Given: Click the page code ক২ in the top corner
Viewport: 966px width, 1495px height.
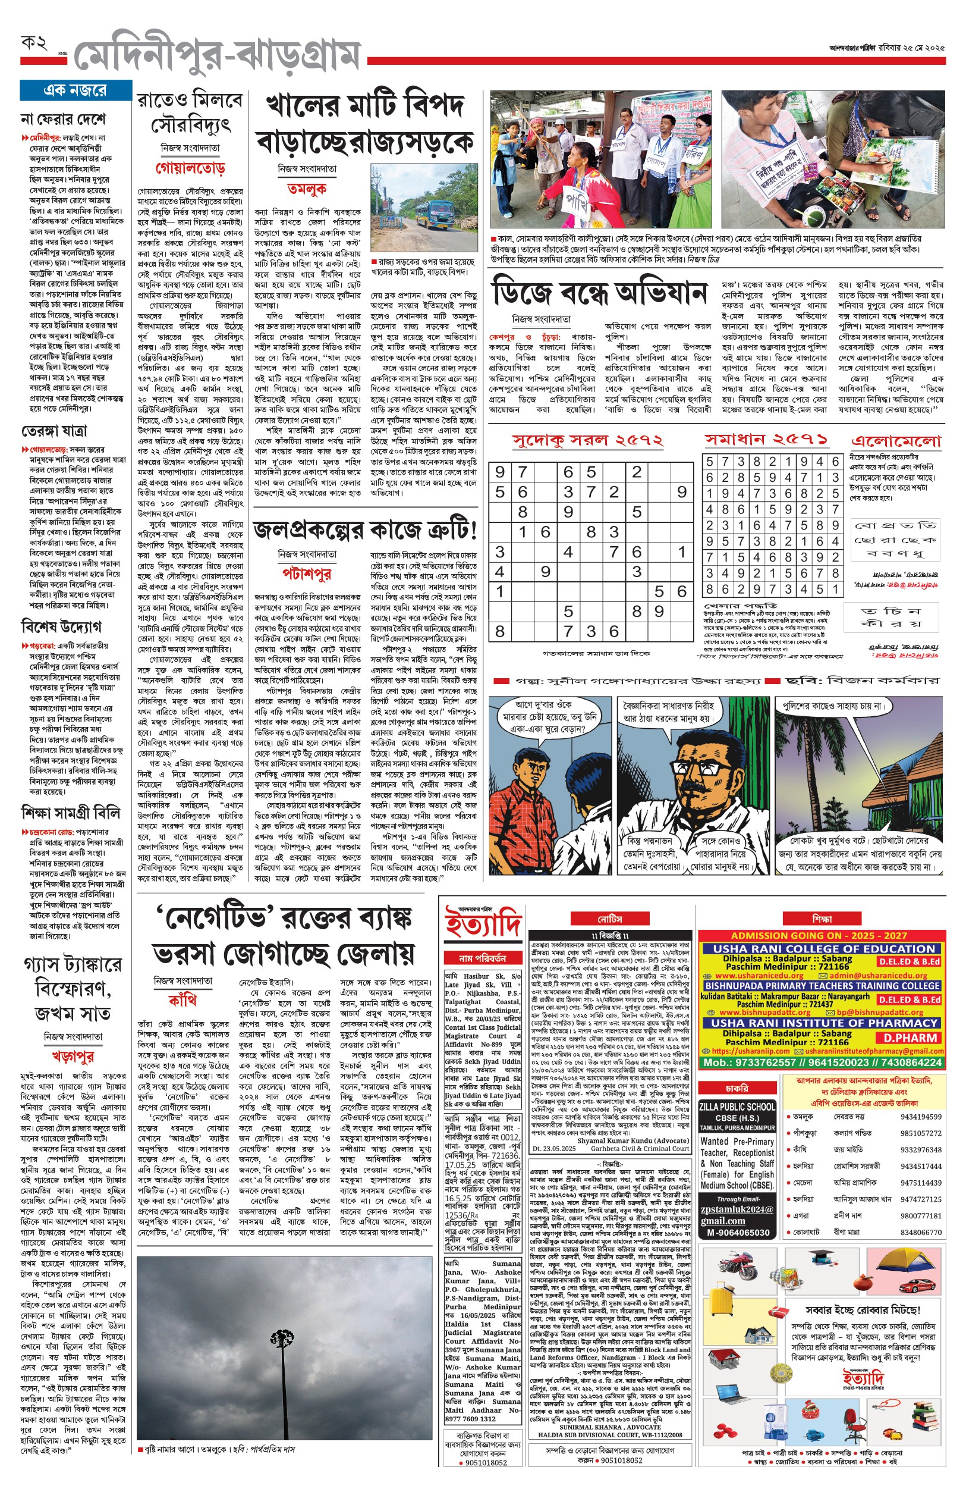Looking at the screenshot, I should click(x=34, y=44).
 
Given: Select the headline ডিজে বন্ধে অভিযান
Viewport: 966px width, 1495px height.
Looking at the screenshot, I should click(x=600, y=293).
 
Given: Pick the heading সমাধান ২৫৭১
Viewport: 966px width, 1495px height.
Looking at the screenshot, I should click(x=766, y=439).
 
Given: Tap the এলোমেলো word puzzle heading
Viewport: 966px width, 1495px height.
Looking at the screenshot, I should click(x=896, y=441).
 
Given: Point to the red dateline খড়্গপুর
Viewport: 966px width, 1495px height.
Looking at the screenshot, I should click(x=73, y=1057).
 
